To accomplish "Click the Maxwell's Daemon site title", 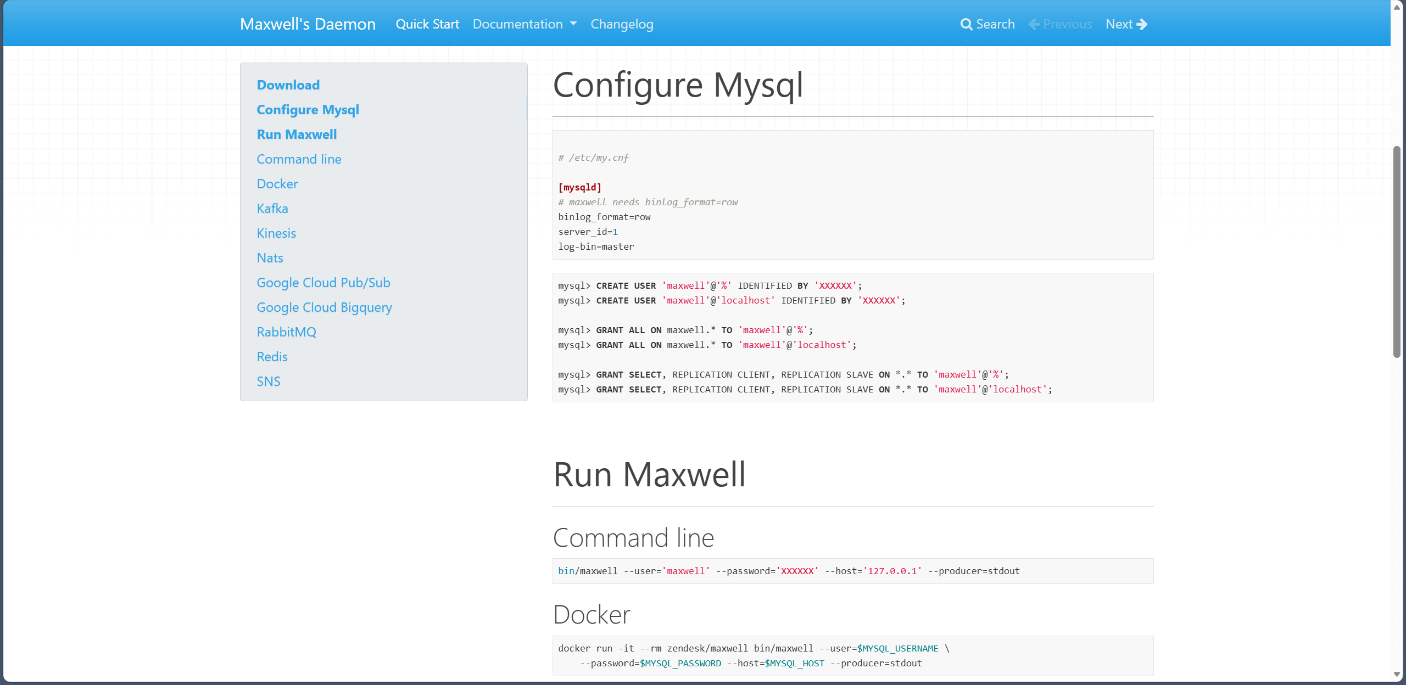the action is click(x=308, y=24).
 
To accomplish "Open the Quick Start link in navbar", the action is click(x=427, y=24).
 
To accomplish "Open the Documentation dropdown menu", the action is click(x=525, y=24).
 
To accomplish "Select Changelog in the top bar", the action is click(x=622, y=24).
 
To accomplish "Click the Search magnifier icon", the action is click(x=966, y=24).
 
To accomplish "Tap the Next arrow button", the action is click(x=1126, y=24).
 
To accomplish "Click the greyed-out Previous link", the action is click(x=1060, y=24).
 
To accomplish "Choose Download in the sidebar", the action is click(x=288, y=85).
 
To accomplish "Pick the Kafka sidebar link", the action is click(x=272, y=209).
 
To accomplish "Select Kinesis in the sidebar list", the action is click(x=276, y=233).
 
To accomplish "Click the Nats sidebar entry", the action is click(x=270, y=258).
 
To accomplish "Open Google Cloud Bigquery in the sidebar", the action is click(x=325, y=307).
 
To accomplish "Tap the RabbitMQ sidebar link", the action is click(x=287, y=332).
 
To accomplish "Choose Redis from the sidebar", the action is click(x=272, y=357).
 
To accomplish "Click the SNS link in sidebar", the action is click(x=269, y=381).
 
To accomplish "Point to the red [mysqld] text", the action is click(x=580, y=187).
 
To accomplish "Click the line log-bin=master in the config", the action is click(x=596, y=246).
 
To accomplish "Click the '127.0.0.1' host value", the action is click(x=892, y=571).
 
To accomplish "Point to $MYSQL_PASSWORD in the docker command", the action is click(x=680, y=663).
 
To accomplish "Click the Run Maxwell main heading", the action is click(x=650, y=474).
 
